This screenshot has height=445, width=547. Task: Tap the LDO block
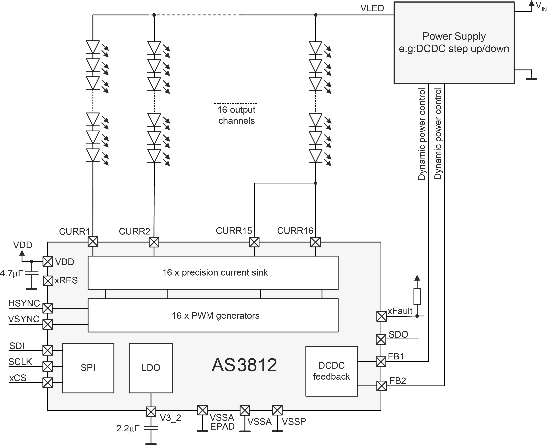pyautogui.click(x=151, y=368)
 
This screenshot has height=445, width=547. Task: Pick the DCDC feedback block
pyautogui.click(x=332, y=371)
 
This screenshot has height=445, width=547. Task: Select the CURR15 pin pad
pyautogui.click(x=254, y=242)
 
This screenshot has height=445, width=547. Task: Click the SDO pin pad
pyautogui.click(x=381, y=339)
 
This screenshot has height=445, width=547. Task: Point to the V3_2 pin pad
pyautogui.click(x=151, y=412)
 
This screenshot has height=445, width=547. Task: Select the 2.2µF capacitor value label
pyautogui.click(x=128, y=428)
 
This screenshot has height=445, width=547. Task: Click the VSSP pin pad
pyautogui.click(x=277, y=410)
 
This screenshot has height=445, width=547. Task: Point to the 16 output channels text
pyautogui.click(x=236, y=115)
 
